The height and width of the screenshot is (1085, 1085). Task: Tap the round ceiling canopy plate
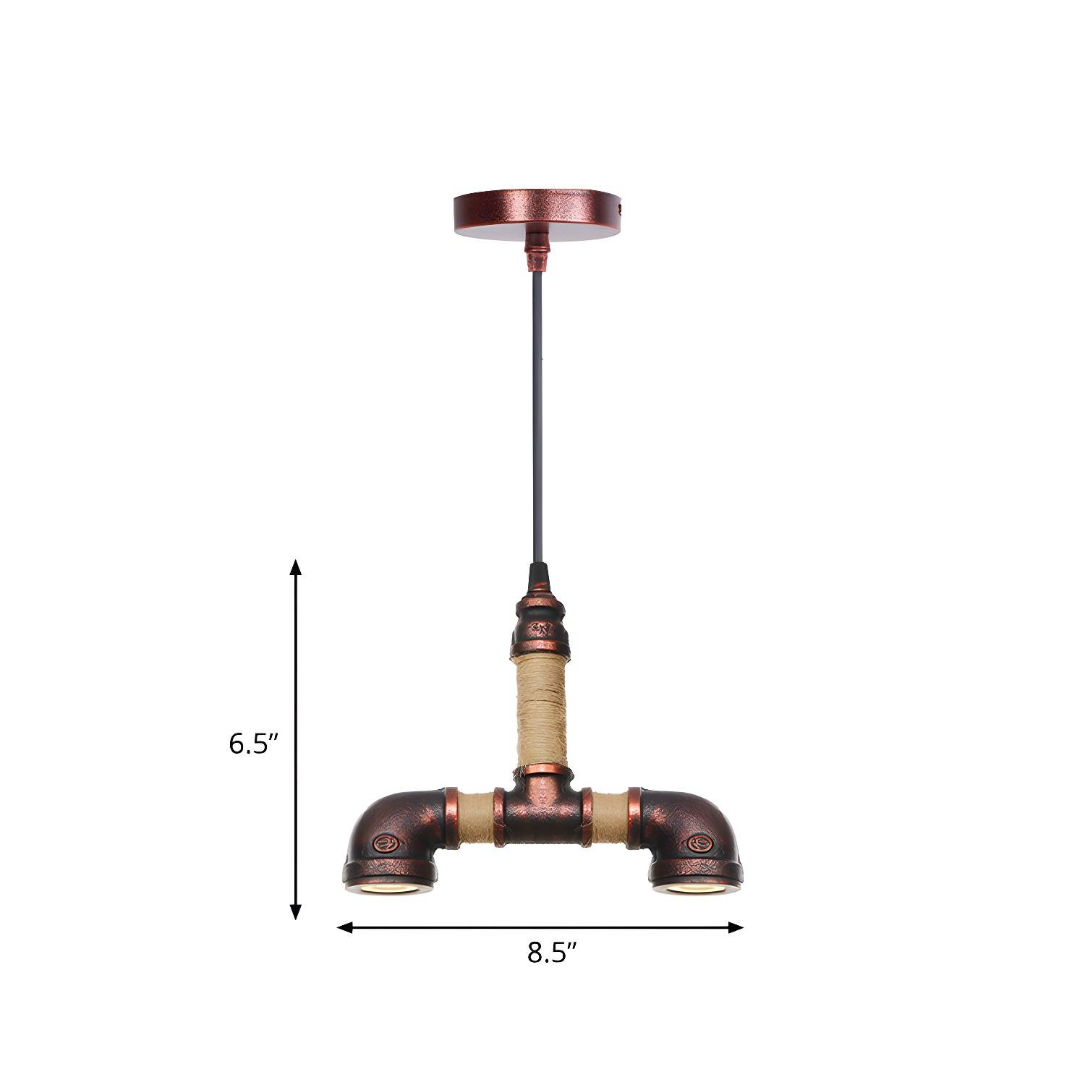pyautogui.click(x=537, y=209)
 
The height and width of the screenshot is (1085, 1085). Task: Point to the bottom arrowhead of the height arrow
pyautogui.click(x=295, y=911)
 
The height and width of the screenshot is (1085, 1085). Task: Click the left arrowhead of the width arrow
pyautogui.click(x=346, y=928)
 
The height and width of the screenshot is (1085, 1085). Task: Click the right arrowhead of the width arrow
pyautogui.click(x=735, y=928)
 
